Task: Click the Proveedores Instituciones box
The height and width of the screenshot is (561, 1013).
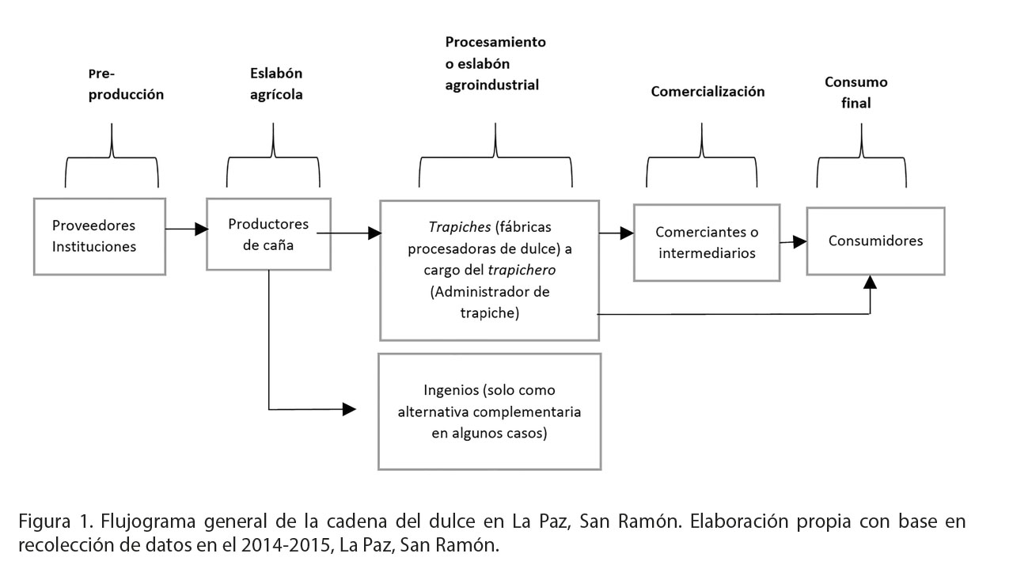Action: [x=100, y=236]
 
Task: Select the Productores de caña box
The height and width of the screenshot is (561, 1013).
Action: [x=268, y=235]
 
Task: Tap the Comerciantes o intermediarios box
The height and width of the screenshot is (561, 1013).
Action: [x=706, y=242]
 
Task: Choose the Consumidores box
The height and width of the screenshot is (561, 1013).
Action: [x=875, y=241]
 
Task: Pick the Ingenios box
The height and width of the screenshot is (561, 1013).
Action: [x=489, y=411]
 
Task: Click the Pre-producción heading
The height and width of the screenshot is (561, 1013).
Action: [x=125, y=85]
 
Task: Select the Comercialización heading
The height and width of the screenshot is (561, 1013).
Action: [x=708, y=91]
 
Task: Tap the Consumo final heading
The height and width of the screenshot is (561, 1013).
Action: [x=856, y=92]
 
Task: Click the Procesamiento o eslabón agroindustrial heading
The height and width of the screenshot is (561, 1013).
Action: [x=495, y=63]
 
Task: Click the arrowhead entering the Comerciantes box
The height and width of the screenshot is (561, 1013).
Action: [x=627, y=233]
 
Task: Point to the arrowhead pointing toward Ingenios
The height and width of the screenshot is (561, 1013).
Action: [x=349, y=409]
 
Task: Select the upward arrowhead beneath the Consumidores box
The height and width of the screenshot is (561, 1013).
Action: [x=871, y=282]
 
